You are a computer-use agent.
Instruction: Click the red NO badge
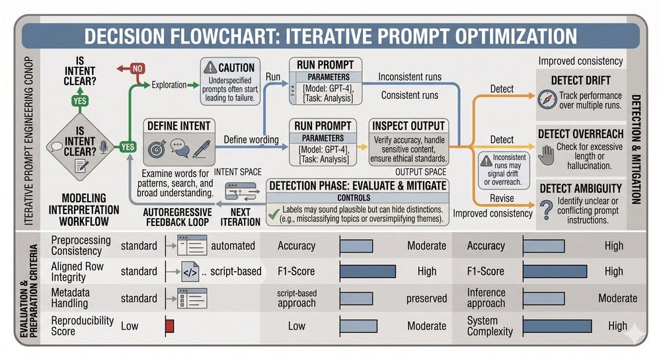(x=137, y=69)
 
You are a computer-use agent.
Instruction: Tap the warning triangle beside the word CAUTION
(x=210, y=67)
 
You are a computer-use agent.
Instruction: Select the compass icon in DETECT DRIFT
(x=547, y=100)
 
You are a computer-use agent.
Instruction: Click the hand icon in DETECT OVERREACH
(x=546, y=155)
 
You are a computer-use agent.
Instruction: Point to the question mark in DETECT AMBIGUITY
(x=547, y=209)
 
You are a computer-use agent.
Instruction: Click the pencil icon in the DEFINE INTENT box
(x=201, y=149)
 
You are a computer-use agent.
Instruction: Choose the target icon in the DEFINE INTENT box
(x=157, y=149)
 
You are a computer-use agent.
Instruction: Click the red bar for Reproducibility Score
(x=169, y=326)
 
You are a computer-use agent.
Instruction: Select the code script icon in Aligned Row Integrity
(x=190, y=271)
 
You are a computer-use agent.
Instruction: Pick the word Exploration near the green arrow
(x=169, y=85)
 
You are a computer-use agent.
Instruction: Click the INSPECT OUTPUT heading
(x=408, y=126)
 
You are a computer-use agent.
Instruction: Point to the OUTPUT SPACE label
(x=420, y=172)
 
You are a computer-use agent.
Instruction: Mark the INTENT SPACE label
(x=238, y=172)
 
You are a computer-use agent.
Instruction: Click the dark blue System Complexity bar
(x=557, y=326)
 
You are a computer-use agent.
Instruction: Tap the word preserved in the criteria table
(x=426, y=299)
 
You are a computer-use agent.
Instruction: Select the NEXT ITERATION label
(x=241, y=217)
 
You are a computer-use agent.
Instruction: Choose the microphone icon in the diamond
(x=104, y=147)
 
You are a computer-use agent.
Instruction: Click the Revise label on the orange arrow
(x=502, y=198)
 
